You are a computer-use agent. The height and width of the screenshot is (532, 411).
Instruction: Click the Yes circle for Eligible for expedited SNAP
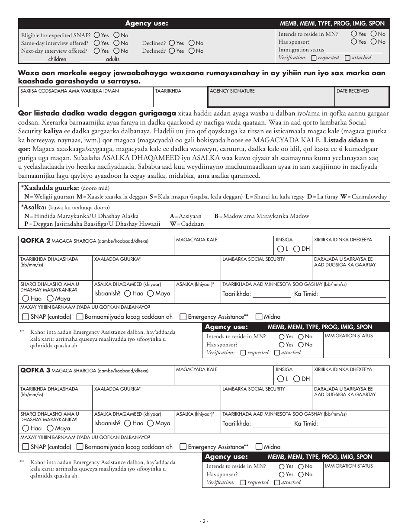pos(96,35)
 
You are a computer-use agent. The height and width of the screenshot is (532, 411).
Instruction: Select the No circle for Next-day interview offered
pos(116,51)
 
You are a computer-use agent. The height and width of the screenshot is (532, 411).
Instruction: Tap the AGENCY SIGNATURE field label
pos(232,91)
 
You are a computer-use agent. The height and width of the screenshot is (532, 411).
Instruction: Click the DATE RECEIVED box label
pos(353,91)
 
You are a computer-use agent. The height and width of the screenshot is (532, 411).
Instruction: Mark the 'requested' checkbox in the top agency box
pos(314,58)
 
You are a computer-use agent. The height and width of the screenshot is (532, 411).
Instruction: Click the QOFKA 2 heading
pos(35,240)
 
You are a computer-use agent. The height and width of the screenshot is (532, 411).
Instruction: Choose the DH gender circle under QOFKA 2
pos(296,249)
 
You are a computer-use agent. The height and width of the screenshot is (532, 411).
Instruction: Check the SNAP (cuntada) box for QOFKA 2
pos(26,317)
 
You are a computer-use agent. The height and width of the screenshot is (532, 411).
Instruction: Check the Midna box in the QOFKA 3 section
pos(259,447)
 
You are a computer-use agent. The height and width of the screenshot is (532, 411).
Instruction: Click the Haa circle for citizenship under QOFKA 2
pos(26,298)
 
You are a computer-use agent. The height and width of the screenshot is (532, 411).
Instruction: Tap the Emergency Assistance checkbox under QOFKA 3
pos(183,447)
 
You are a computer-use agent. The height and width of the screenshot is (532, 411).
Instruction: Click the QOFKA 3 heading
pos(35,370)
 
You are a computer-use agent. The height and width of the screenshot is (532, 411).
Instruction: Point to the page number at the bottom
pos(205,521)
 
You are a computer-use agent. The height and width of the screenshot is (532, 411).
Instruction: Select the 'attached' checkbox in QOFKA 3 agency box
pos(277,482)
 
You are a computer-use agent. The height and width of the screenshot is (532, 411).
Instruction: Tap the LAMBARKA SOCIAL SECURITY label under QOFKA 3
pos(254,389)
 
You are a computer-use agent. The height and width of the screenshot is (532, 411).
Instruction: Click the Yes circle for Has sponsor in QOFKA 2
pos(282,345)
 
